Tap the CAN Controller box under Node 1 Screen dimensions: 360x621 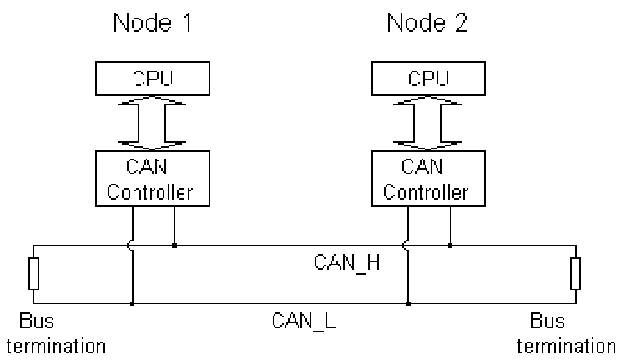[150, 179]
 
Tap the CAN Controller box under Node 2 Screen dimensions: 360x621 [424, 179]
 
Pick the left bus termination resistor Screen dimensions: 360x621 [33, 273]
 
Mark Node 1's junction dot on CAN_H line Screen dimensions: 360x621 [174, 246]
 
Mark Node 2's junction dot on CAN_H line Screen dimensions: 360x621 [451, 246]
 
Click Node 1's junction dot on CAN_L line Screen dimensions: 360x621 [133, 302]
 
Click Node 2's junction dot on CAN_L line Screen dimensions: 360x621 [408, 302]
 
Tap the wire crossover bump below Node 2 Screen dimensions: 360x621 [409, 246]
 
